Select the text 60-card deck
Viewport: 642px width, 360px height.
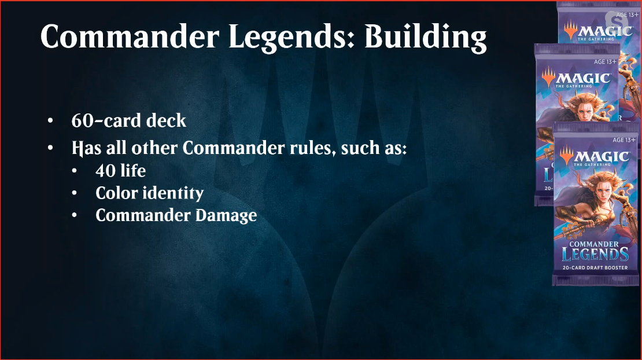(x=128, y=120)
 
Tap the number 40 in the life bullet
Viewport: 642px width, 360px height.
(x=104, y=171)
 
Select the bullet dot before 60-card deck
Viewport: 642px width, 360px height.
(x=50, y=121)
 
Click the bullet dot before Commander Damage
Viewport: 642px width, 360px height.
(x=74, y=215)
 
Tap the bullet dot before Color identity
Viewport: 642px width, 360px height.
(x=74, y=193)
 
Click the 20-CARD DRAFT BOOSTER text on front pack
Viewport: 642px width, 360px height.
(x=595, y=268)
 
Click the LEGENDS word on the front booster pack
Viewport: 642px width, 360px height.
(x=595, y=254)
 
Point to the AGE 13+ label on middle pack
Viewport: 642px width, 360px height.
(x=605, y=62)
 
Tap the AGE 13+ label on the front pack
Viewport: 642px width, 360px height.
(x=624, y=140)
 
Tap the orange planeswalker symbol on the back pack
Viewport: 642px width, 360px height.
(x=570, y=31)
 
